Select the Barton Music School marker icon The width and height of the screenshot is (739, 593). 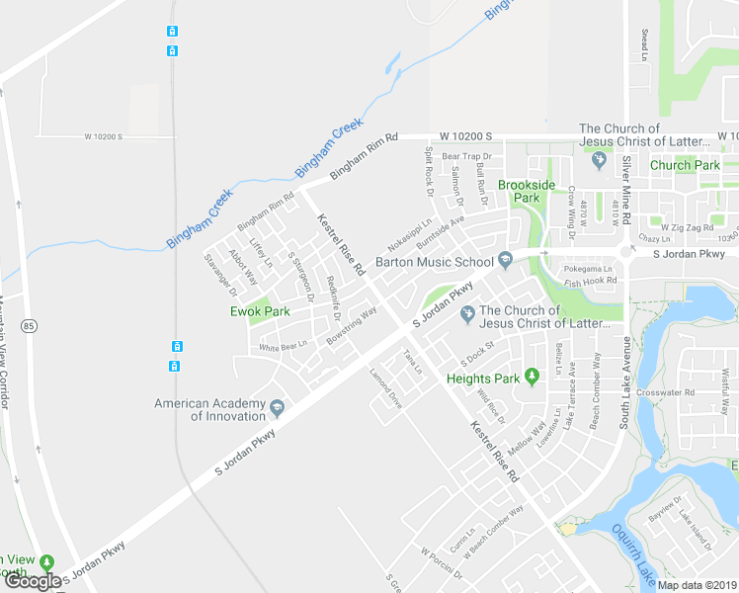coord(506,261)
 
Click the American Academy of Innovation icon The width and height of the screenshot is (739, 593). coord(277,408)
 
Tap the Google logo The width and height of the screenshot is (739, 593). coord(33,582)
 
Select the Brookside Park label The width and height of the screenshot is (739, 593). coord(527,191)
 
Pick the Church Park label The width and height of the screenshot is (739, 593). coord(685,165)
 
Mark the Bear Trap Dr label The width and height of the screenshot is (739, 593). coord(466,156)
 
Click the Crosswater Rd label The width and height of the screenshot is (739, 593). coord(667,392)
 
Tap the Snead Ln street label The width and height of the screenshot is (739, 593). coord(643,44)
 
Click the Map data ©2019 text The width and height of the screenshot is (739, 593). coord(697,585)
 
